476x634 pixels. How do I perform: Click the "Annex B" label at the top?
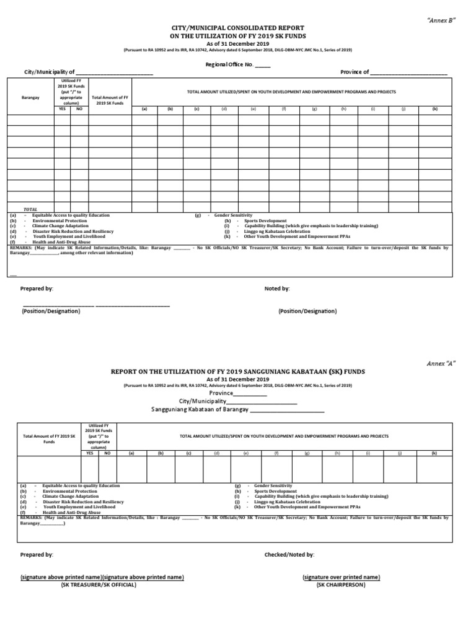tap(441, 20)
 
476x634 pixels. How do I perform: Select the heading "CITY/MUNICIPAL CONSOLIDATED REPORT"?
tap(237, 28)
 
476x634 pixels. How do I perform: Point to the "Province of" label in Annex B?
tap(355, 72)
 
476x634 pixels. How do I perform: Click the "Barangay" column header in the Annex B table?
tap(30, 97)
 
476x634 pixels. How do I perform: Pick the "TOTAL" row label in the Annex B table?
tap(30, 209)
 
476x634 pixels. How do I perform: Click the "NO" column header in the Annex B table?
tap(79, 108)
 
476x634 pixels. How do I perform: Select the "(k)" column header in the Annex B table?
tap(435, 108)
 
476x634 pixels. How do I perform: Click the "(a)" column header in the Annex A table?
tap(131, 453)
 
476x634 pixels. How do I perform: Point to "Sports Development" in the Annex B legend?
tap(265, 220)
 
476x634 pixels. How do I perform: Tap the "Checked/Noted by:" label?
tap(289, 555)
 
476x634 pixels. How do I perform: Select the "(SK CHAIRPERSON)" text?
tap(341, 584)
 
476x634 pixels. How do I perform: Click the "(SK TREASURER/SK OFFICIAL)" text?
tap(99, 584)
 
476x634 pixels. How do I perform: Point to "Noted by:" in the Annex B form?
tap(277, 289)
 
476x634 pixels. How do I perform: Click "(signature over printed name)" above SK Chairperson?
tap(341, 577)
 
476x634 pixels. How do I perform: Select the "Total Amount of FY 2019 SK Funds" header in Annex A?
tap(49, 439)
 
